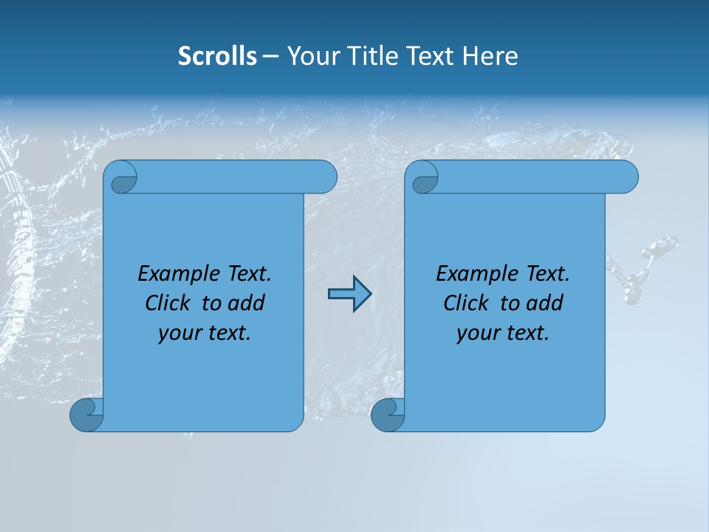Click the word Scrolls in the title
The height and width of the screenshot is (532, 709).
(x=217, y=55)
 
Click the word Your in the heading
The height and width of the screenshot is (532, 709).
(x=310, y=55)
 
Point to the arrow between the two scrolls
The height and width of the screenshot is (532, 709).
(x=349, y=293)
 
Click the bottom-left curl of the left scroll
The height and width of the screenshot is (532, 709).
(x=86, y=415)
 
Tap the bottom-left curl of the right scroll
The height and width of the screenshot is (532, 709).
(x=386, y=415)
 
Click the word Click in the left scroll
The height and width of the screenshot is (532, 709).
(x=170, y=303)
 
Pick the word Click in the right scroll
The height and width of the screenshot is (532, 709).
(x=468, y=303)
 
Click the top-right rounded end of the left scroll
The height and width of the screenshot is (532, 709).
(x=323, y=177)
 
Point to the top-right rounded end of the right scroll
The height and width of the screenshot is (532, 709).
(x=625, y=177)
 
